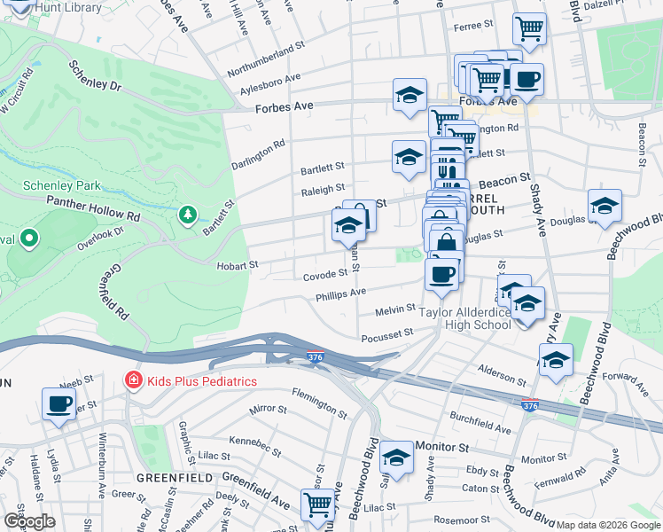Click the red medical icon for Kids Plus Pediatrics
coord(133,380)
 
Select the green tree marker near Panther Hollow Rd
coord(187,215)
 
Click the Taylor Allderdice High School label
coord(465,318)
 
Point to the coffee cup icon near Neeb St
coord(59,403)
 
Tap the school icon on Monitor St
coord(397,457)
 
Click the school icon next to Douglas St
coord(604,206)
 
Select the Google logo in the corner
coord(29,521)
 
